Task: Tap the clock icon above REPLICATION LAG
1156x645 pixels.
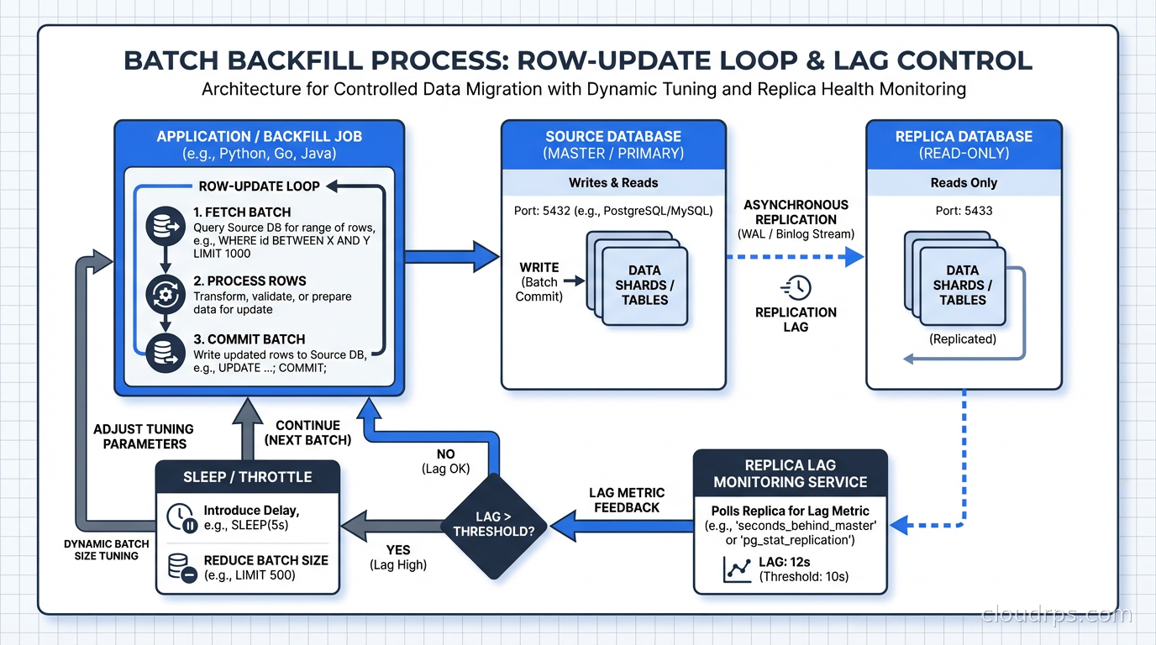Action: (796, 287)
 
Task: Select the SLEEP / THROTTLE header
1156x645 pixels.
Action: (248, 477)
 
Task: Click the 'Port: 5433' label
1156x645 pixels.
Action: (963, 211)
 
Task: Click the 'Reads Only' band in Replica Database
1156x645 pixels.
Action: (964, 183)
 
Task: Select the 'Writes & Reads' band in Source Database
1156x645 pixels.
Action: (613, 183)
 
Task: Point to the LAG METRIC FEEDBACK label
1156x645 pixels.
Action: (626, 500)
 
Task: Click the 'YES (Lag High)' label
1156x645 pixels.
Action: (397, 558)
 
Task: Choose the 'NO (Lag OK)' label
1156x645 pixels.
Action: (445, 461)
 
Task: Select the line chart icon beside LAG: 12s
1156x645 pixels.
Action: (737, 569)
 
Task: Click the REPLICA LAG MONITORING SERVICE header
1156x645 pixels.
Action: (790, 474)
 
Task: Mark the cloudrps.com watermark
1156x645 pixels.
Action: (1057, 615)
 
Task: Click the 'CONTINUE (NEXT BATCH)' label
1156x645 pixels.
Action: (307, 433)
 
